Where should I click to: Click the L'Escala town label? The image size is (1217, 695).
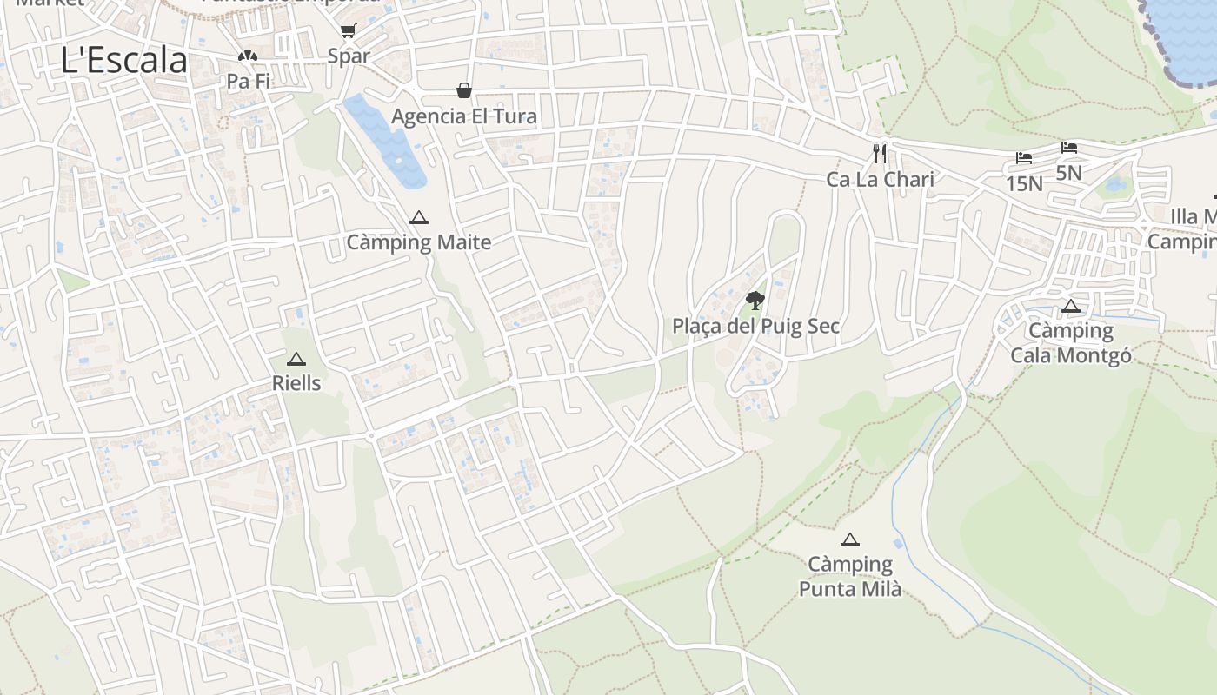pyautogui.click(x=124, y=60)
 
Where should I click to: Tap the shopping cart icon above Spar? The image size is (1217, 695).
pyautogui.click(x=348, y=31)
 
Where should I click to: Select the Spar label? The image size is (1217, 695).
pyautogui.click(x=349, y=56)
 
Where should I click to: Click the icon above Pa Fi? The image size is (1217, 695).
pyautogui.click(x=248, y=56)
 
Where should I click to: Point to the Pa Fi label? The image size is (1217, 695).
pyautogui.click(x=248, y=81)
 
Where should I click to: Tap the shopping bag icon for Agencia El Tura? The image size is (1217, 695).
pyautogui.click(x=464, y=90)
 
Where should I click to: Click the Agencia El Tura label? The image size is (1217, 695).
pyautogui.click(x=464, y=116)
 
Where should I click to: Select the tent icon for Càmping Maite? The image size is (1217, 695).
pyautogui.click(x=419, y=217)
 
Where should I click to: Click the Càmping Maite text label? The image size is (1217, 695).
pyautogui.click(x=419, y=242)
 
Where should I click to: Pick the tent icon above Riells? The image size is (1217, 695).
pyautogui.click(x=296, y=359)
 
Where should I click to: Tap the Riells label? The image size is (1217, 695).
pyautogui.click(x=296, y=383)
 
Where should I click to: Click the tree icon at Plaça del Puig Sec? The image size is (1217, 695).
pyautogui.click(x=755, y=301)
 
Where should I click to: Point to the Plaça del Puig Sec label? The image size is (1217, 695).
pyautogui.click(x=755, y=326)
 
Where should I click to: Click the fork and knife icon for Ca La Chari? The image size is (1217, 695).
pyautogui.click(x=880, y=154)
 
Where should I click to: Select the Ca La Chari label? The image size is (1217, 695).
pyautogui.click(x=880, y=180)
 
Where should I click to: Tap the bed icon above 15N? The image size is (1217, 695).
pyautogui.click(x=1024, y=158)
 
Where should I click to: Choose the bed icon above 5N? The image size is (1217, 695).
pyautogui.click(x=1068, y=148)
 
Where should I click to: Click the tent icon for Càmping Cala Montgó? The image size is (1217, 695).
pyautogui.click(x=1070, y=306)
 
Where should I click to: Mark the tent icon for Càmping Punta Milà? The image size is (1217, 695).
pyautogui.click(x=849, y=539)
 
